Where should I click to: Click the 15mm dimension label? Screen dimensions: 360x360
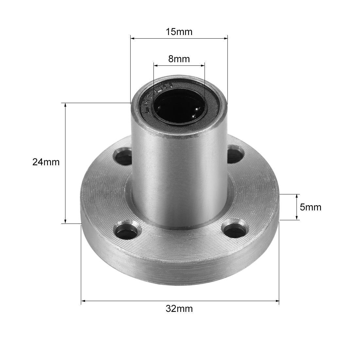click(179, 32)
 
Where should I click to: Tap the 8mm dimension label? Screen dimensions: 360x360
click(179, 59)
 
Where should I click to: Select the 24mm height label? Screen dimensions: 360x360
click(46, 162)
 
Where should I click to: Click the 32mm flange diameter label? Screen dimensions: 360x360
click(179, 309)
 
